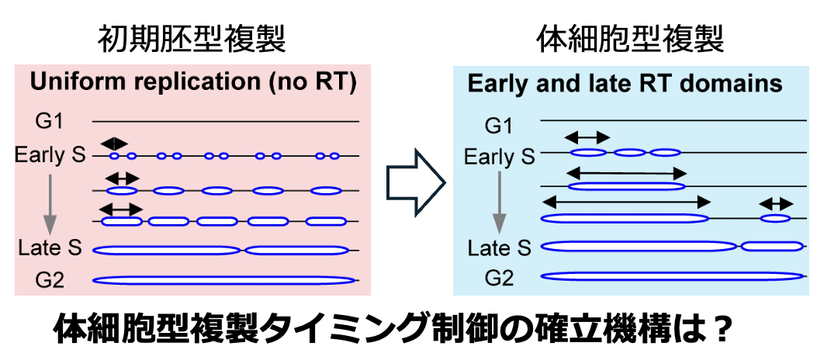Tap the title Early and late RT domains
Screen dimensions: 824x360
tap(625, 84)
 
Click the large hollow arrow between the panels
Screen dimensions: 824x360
tap(416, 183)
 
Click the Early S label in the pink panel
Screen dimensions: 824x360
tap(50, 155)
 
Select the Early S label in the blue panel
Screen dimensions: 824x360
tap(499, 157)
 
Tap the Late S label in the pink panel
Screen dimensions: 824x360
tap(50, 247)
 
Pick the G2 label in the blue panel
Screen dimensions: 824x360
tap(500, 278)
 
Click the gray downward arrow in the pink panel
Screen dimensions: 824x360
tap(50, 204)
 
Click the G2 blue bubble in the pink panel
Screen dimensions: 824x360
tap(224, 280)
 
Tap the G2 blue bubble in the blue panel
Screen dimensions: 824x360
tap(672, 276)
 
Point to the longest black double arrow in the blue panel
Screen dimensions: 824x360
tap(626, 202)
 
